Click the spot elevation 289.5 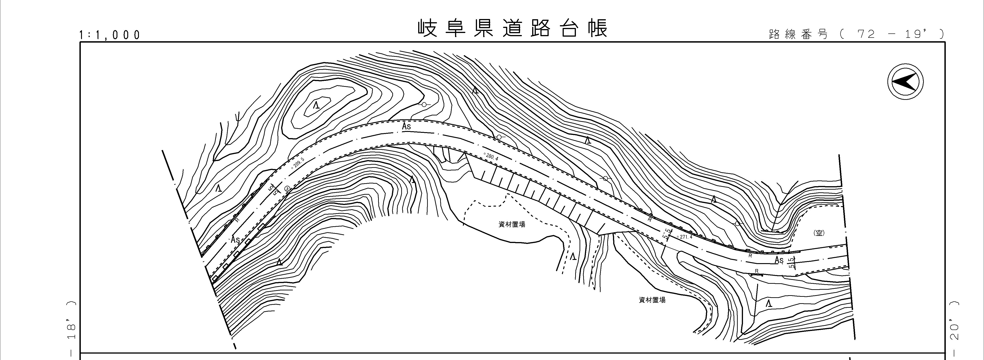(x=298, y=163)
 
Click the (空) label (x=818, y=233)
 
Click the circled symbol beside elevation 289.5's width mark (x=287, y=188)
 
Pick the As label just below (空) (x=779, y=260)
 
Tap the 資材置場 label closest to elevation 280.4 (x=512, y=224)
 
